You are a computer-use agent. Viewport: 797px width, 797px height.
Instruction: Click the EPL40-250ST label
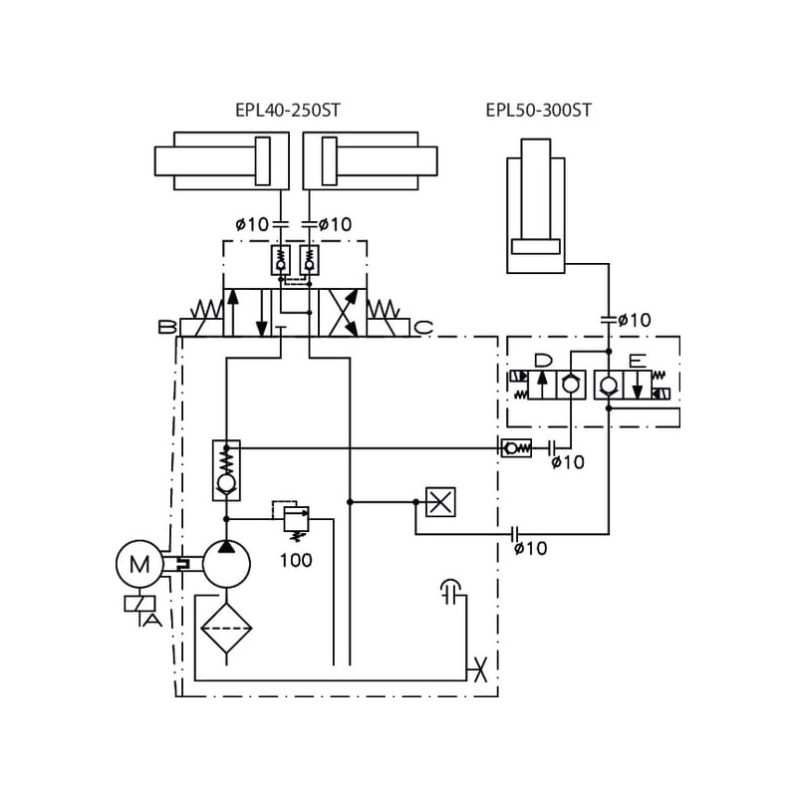click(288, 111)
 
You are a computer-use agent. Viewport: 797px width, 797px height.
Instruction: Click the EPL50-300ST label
click(538, 111)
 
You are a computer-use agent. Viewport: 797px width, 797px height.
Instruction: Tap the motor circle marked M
click(139, 565)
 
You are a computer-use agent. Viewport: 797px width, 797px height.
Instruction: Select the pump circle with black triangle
click(226, 565)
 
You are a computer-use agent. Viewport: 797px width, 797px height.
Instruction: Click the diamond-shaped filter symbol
click(226, 626)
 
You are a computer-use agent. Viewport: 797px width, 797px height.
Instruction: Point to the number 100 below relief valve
click(296, 560)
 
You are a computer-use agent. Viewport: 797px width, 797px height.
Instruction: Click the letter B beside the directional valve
click(166, 327)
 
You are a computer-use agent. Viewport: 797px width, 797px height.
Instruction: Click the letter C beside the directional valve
click(422, 327)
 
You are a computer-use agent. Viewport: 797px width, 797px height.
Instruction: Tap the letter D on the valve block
click(543, 361)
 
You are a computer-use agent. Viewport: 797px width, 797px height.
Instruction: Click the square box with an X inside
click(440, 501)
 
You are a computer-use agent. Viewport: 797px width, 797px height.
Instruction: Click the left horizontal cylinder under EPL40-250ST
click(221, 160)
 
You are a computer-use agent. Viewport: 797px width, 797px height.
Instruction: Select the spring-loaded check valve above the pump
click(226, 469)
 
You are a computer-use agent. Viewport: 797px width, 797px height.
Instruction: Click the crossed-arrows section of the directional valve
click(342, 313)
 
